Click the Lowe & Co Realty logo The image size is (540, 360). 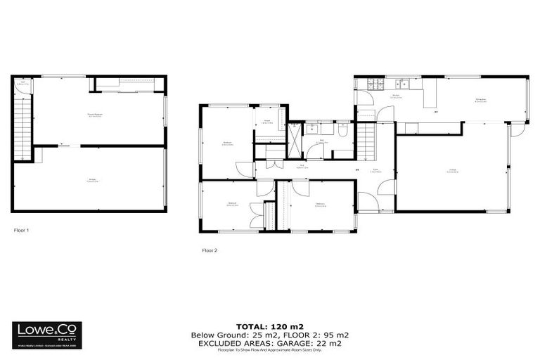(46, 335)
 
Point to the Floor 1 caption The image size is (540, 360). (21, 230)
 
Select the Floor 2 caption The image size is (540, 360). (210, 250)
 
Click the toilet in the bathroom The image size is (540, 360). (342, 130)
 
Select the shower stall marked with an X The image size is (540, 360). (295, 139)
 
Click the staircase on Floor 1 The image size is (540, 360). (23, 127)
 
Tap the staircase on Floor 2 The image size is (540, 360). (366, 140)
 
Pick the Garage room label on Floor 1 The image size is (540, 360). (92, 180)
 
